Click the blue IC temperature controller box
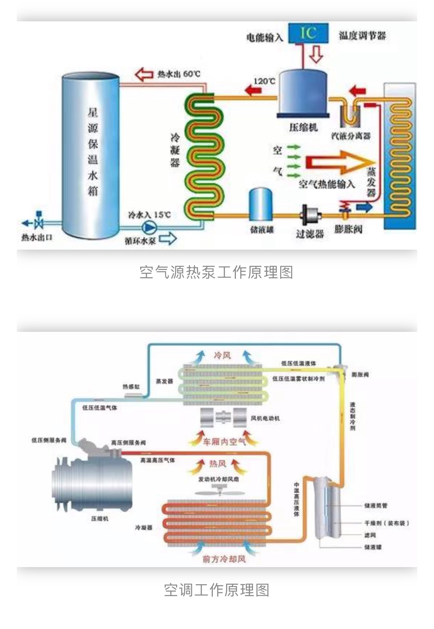(x=308, y=33)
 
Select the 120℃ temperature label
(x=264, y=81)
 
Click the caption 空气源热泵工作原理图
(x=216, y=272)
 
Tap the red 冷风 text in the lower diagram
(x=223, y=356)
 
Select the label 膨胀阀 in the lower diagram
(x=360, y=374)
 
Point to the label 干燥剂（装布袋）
(x=386, y=523)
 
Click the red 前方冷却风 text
(x=224, y=559)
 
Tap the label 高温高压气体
(x=158, y=460)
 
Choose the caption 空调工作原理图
(x=217, y=590)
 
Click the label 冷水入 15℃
(x=150, y=215)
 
